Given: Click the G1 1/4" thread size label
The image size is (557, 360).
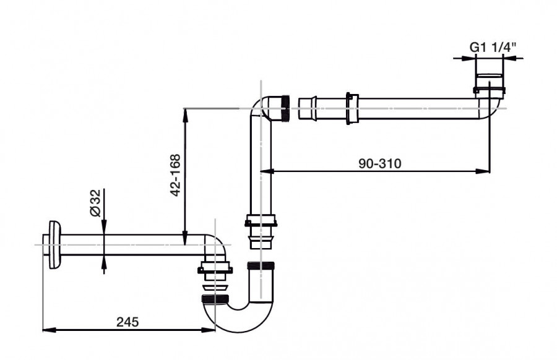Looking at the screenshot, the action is (493, 47).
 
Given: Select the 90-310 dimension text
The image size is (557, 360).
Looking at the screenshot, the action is (380, 164).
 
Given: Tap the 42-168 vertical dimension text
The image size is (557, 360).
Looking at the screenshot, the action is (176, 175).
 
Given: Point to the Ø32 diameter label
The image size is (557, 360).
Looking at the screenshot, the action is (95, 203).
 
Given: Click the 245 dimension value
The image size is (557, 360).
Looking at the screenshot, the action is (127, 322).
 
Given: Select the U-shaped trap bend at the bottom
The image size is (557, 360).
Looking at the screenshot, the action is (239, 314).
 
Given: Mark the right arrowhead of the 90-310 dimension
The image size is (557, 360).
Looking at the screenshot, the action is (483, 171).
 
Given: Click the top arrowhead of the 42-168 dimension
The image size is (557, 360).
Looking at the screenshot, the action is (184, 115).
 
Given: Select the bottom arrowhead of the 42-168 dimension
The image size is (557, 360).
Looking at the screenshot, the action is (184, 238).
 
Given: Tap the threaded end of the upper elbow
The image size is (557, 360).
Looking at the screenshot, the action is (285, 108).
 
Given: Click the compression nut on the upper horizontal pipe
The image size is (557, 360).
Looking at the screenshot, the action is (352, 109).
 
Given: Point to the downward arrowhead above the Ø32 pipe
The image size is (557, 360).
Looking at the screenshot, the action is (104, 227).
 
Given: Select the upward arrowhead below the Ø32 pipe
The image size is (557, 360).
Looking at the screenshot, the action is (104, 262).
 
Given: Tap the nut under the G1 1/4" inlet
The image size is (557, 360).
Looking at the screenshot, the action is (489, 90).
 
